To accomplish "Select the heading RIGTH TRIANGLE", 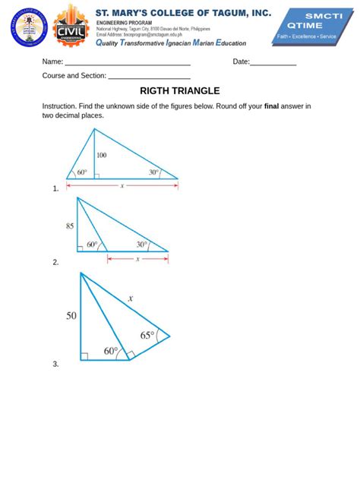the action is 180,91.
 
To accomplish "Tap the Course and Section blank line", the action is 149,77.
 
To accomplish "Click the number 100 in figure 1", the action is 102,155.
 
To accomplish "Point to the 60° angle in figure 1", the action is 81,172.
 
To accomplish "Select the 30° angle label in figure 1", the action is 153,172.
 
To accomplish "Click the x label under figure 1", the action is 122,185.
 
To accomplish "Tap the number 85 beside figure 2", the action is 70,226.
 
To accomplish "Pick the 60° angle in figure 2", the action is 93,245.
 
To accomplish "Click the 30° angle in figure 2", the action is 142,245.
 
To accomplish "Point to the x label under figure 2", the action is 137,258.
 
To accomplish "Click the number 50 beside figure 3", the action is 71,315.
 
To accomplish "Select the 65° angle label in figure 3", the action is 147,334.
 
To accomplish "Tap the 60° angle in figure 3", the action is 111,351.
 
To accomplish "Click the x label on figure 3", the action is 131,298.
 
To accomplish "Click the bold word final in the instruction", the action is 272,106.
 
